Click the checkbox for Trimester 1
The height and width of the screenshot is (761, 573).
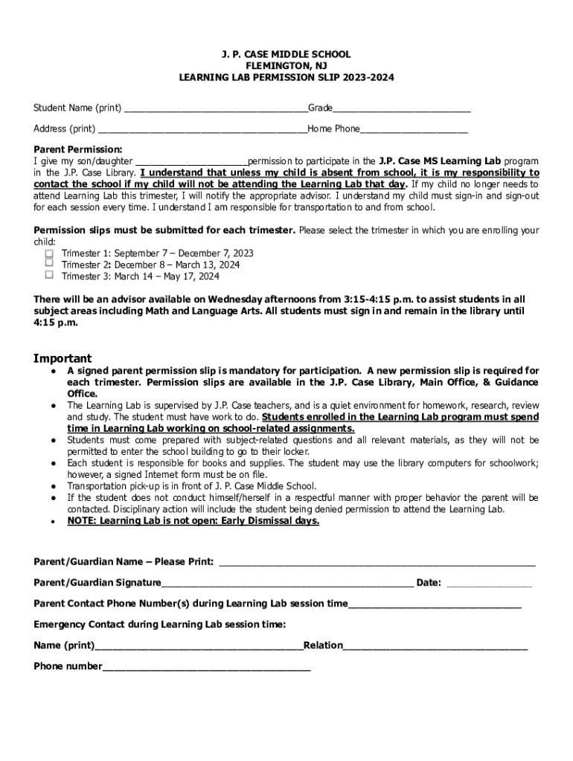[49, 253]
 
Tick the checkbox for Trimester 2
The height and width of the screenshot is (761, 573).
[49, 263]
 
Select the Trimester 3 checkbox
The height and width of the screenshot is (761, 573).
[49, 274]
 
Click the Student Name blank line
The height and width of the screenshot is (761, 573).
[216, 109]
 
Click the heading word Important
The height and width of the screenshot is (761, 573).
[63, 358]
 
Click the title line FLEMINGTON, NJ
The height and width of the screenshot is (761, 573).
[286, 66]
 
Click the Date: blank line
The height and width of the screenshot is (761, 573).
[489, 584]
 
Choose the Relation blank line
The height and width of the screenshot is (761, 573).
[435, 647]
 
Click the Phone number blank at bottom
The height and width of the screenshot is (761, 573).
[206, 667]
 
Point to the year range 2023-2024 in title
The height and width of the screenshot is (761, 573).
[368, 77]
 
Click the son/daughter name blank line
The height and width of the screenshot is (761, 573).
[191, 161]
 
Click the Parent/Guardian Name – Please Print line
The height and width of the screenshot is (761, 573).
[377, 563]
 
